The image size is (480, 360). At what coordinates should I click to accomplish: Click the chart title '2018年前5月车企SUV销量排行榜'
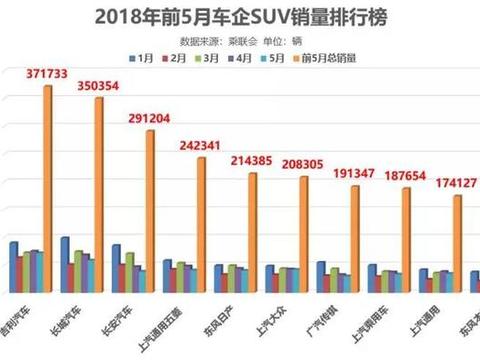coord(240,17)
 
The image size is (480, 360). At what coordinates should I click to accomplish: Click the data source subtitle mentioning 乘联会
coord(239,42)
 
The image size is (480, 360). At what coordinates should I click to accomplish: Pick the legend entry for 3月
coord(207,59)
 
